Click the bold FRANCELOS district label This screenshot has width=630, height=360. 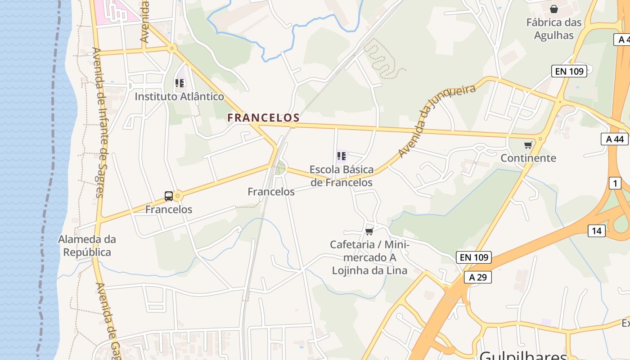click(263, 118)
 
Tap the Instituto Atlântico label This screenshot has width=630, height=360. click(179, 96)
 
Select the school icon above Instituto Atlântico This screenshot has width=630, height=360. click(180, 83)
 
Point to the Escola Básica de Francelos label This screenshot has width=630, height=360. click(342, 176)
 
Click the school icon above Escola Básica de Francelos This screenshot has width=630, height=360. click(342, 156)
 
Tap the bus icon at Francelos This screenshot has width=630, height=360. click(169, 196)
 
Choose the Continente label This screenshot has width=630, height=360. click(528, 158)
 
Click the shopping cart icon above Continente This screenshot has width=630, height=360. click(528, 145)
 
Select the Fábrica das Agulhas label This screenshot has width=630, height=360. click(554, 29)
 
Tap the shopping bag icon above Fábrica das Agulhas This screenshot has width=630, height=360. click(554, 9)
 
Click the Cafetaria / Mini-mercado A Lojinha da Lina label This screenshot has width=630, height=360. click(369, 257)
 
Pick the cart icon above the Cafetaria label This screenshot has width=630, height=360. click(369, 231)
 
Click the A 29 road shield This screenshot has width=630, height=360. click(477, 277)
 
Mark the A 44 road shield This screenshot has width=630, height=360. click(615, 139)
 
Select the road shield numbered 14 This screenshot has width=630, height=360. click(596, 231)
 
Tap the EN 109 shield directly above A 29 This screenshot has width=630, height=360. click(473, 257)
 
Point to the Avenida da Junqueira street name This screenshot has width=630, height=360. click(436, 121)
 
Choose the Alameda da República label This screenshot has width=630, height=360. click(87, 246)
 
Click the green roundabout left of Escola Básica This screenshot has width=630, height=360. click(280, 168)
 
